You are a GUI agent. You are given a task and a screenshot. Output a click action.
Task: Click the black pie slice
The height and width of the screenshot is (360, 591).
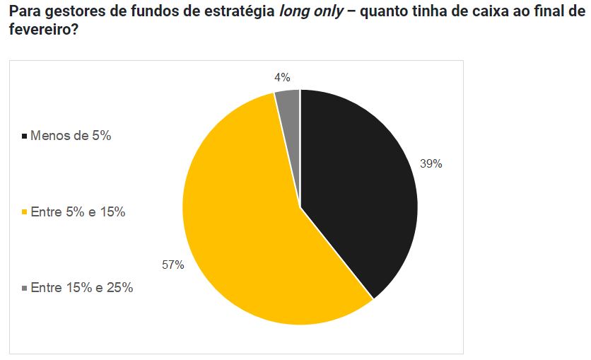[x=353, y=184]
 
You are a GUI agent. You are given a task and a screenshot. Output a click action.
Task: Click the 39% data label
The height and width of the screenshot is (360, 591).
[x=431, y=163]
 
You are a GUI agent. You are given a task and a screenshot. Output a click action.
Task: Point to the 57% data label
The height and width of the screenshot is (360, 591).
[x=172, y=265]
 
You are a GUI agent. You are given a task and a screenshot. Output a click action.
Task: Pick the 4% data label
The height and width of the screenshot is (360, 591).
[x=282, y=78]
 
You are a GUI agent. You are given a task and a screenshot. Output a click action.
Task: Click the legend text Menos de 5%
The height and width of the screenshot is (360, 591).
[x=71, y=136]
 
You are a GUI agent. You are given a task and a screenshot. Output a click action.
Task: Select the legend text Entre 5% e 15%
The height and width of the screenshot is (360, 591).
[x=78, y=211]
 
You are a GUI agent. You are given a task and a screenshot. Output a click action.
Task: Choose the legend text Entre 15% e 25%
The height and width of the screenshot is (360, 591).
[x=82, y=288]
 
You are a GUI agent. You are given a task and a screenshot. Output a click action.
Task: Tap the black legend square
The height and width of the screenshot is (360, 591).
[x=25, y=136]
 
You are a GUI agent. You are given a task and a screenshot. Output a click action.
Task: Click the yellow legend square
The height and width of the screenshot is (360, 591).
[x=25, y=211]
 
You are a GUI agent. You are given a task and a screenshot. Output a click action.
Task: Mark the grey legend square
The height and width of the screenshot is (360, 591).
[x=25, y=288]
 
